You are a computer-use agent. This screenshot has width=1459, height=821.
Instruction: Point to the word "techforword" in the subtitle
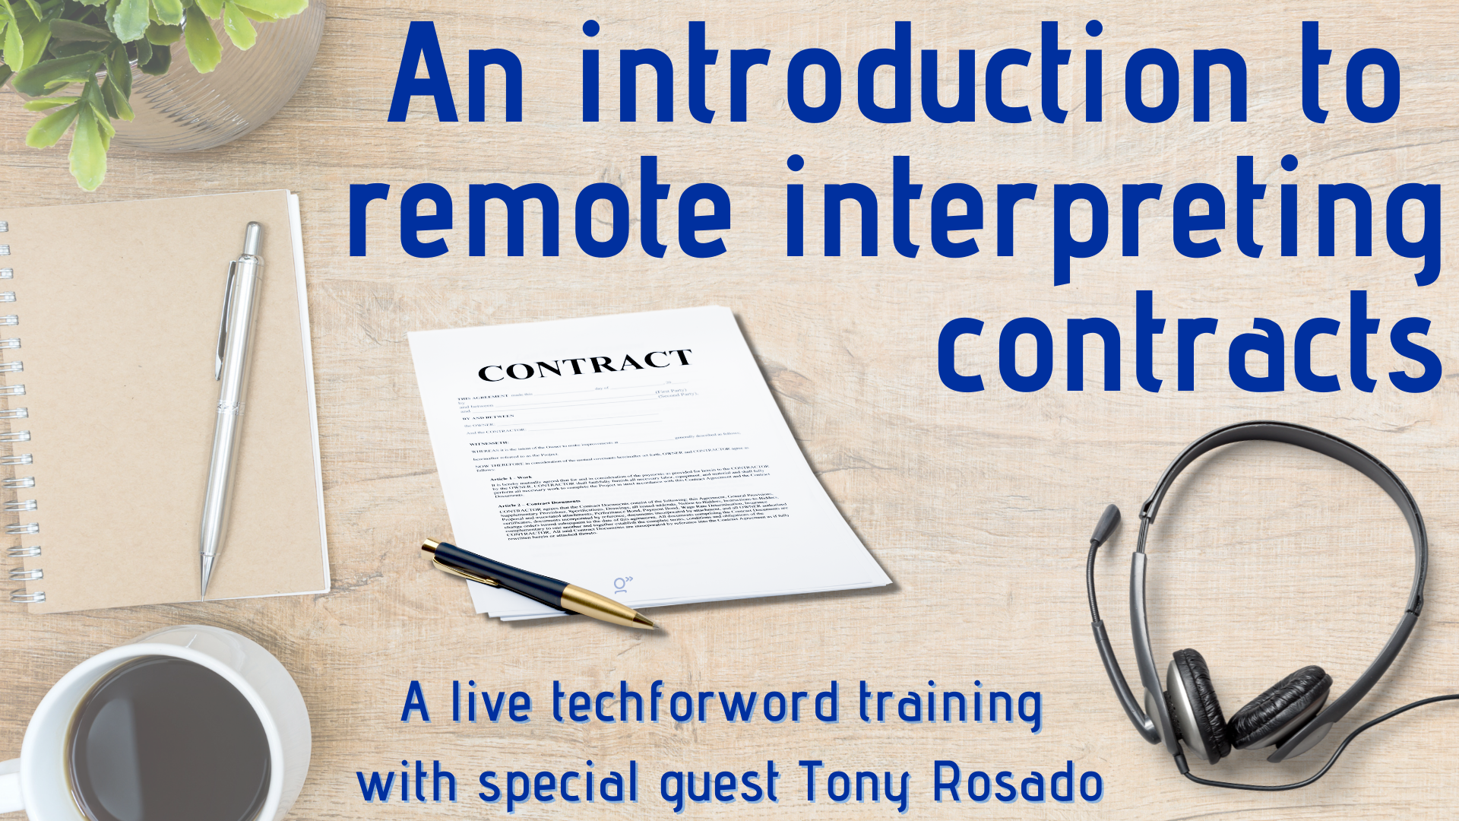695,703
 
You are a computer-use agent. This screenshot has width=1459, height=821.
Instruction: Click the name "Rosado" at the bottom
1018,783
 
